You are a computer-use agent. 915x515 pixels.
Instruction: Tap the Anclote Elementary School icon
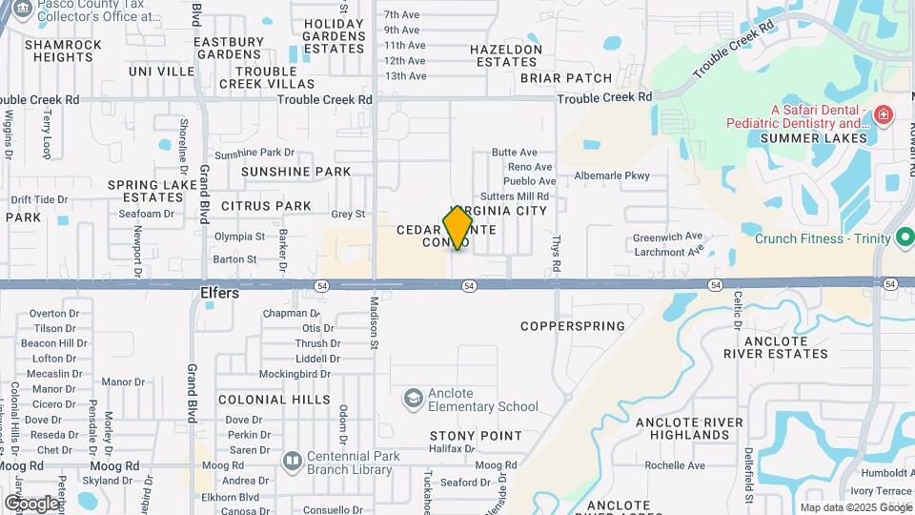tap(413, 398)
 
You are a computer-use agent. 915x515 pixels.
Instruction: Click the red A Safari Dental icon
tap(884, 115)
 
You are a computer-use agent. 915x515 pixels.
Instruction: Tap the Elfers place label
tap(219, 294)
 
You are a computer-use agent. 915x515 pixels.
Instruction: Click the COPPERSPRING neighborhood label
tap(573, 326)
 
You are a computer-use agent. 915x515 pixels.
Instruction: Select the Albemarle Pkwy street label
tap(611, 175)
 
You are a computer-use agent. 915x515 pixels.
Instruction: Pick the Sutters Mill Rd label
tap(523, 196)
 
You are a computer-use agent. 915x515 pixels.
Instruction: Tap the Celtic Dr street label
tap(738, 310)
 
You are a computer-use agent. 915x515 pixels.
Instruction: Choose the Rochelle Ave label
tap(674, 465)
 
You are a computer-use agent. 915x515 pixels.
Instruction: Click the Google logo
tap(31, 503)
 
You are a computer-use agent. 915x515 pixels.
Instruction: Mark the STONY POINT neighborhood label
tap(476, 436)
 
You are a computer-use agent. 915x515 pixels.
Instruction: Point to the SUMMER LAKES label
tap(814, 138)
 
